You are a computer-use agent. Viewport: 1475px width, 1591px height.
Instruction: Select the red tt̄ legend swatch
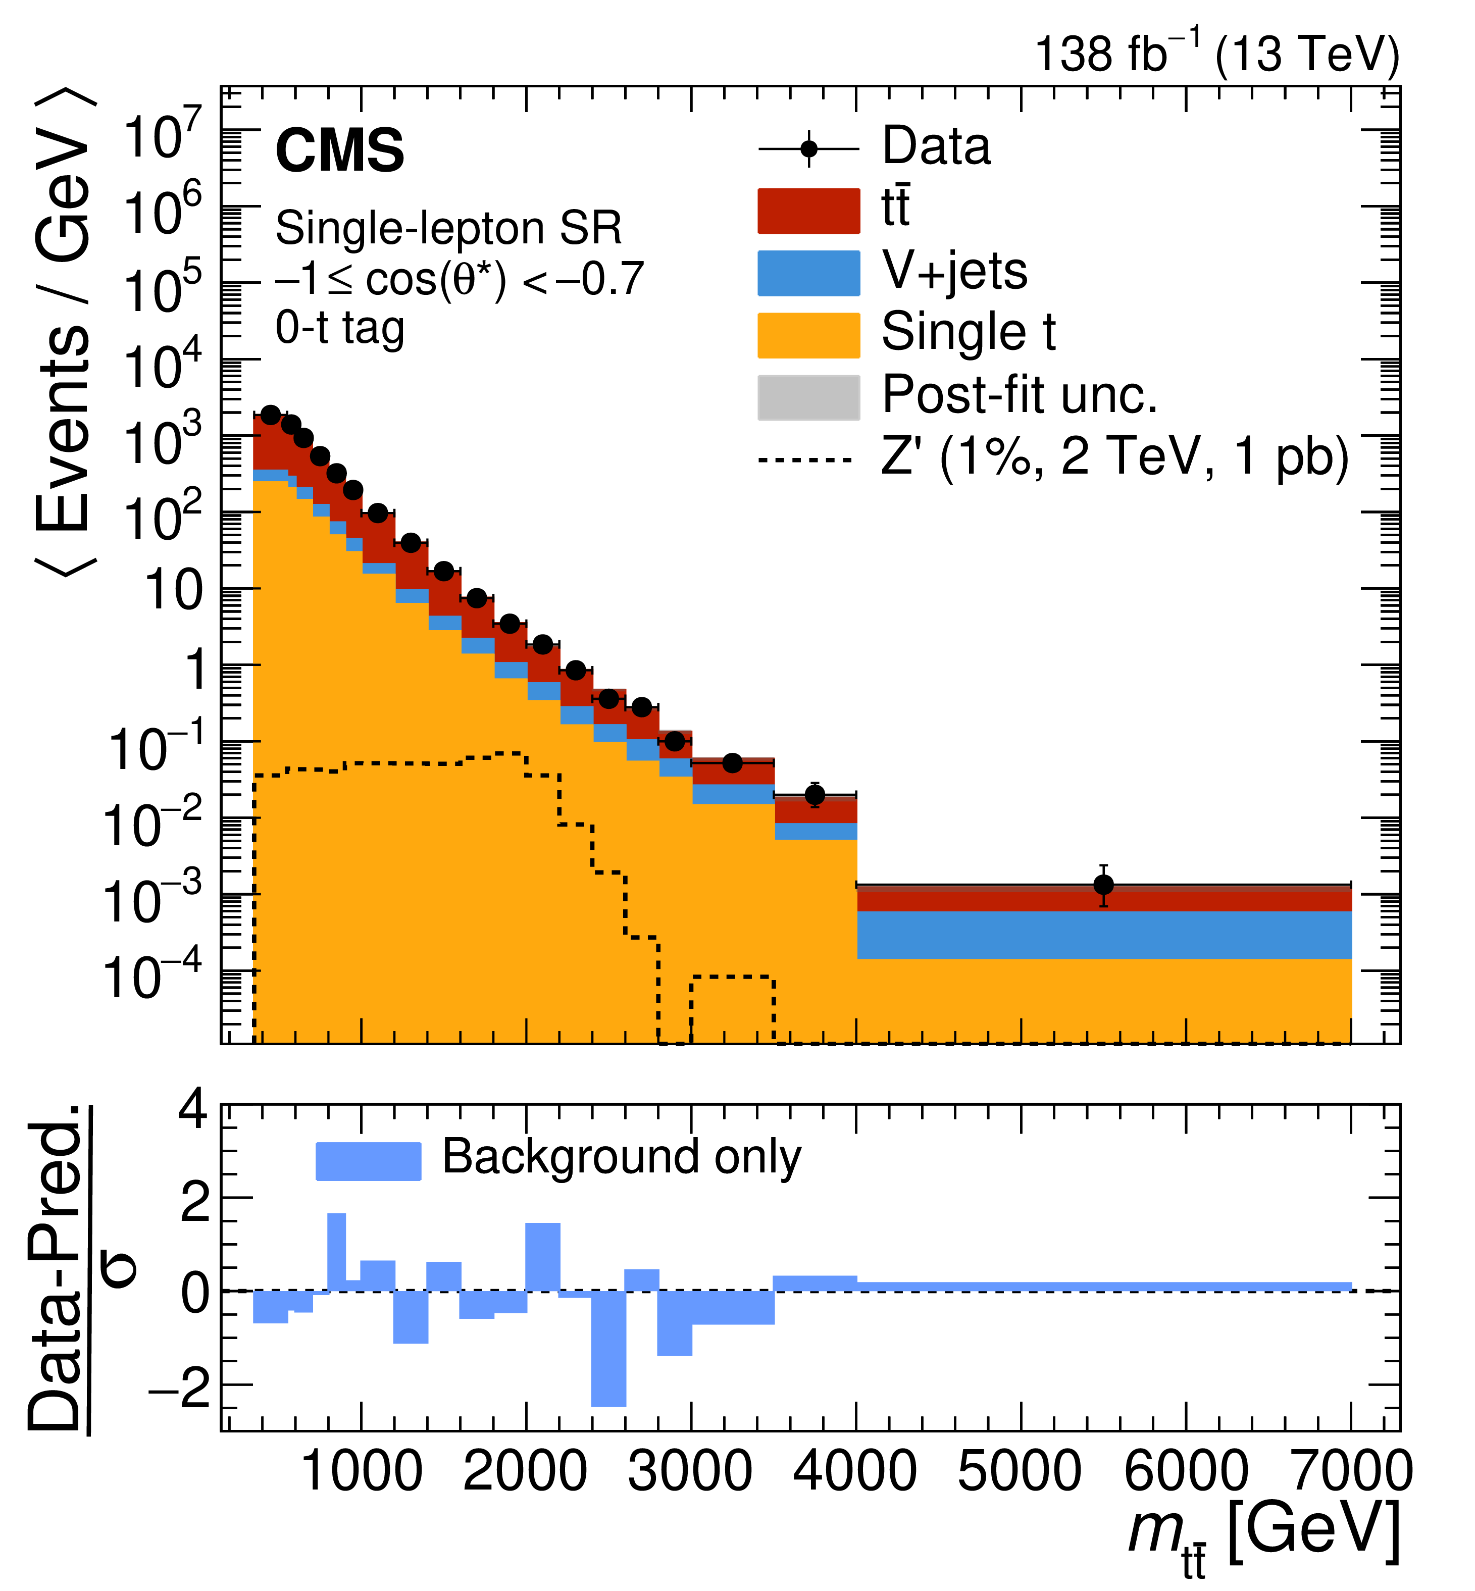pyautogui.click(x=808, y=211)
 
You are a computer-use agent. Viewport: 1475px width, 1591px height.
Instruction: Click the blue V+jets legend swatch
pyautogui.click(x=808, y=273)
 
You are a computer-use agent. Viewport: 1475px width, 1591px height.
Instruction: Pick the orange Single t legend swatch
pyautogui.click(x=808, y=335)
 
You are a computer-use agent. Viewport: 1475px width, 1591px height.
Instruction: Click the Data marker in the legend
pyautogui.click(x=808, y=149)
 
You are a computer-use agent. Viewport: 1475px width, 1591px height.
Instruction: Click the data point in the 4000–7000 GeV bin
pyautogui.click(x=1104, y=885)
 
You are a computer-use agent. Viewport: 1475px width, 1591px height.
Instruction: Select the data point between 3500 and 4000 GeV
pyautogui.click(x=815, y=795)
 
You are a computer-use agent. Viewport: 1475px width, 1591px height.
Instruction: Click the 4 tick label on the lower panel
pyautogui.click(x=194, y=1110)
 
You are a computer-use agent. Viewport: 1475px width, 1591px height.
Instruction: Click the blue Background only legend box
pyautogui.click(x=368, y=1161)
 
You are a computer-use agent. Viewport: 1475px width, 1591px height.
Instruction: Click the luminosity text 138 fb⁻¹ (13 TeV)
pyautogui.click(x=1216, y=54)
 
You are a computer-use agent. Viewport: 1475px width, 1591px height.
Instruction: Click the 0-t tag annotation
pyautogui.click(x=340, y=327)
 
